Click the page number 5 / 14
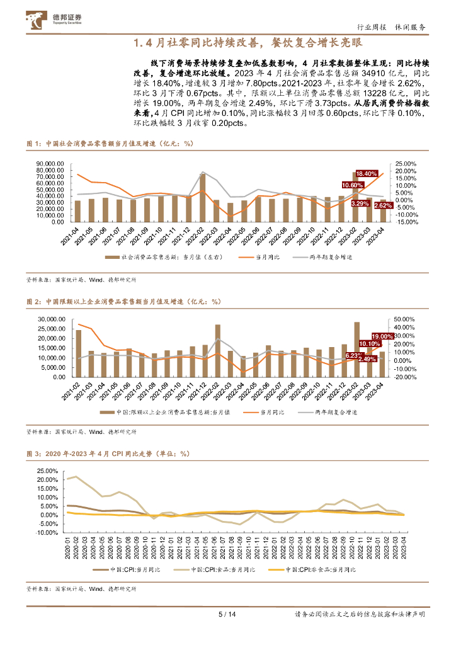[227, 615]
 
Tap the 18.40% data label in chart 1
[367, 173]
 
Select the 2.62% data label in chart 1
[385, 205]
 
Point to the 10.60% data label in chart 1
[353, 185]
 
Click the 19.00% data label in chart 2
[382, 336]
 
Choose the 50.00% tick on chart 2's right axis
[407, 320]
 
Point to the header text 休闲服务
[411, 28]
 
